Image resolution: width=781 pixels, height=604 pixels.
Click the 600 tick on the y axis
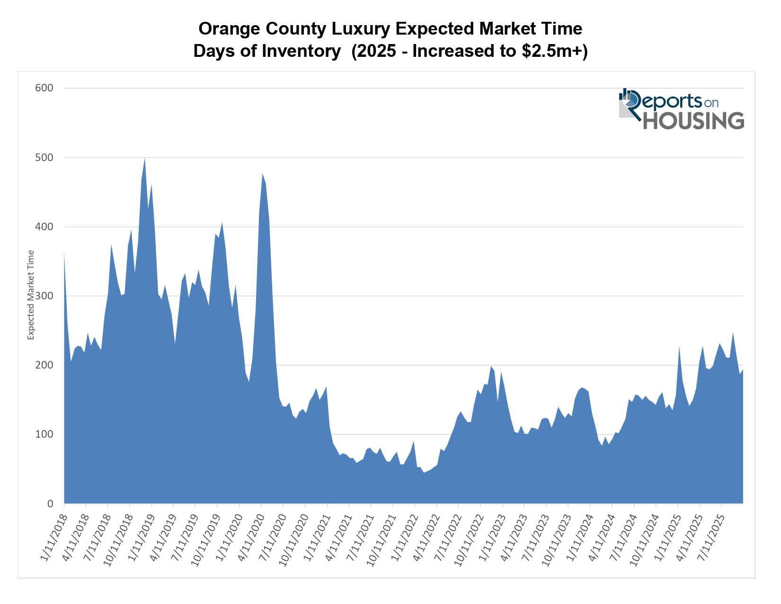pos(44,88)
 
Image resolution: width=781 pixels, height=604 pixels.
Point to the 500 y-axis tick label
pos(44,157)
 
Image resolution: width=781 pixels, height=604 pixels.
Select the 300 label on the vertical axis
pos(44,296)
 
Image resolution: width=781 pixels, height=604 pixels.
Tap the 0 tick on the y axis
pos(50,504)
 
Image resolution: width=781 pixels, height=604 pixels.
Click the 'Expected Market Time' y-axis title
pos(31,295)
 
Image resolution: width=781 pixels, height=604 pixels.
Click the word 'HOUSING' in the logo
pos(693,121)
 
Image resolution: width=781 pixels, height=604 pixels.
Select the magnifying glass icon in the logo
pos(630,99)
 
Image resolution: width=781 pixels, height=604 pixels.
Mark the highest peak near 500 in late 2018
pos(144,159)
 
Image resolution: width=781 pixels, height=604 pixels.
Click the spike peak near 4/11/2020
pos(262,174)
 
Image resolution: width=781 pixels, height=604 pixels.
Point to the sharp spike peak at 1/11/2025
pos(679,347)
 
